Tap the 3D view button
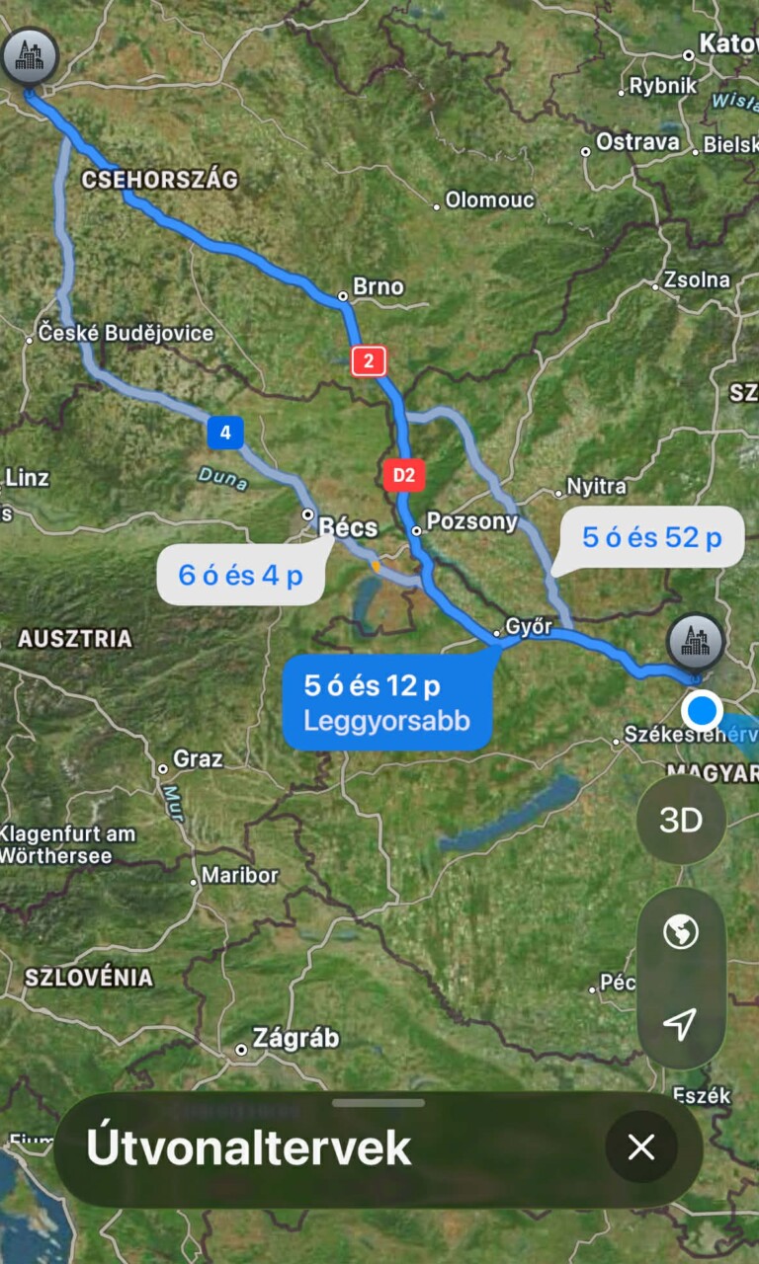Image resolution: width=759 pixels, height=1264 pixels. coord(681,821)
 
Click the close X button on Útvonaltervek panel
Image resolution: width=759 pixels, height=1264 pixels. coord(641,1146)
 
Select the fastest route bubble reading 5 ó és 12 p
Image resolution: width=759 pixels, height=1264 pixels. coord(386,700)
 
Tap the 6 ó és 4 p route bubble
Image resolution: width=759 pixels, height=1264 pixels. coord(240,575)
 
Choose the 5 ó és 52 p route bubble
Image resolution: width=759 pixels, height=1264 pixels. coord(651,538)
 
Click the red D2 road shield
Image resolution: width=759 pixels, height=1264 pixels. coord(403,475)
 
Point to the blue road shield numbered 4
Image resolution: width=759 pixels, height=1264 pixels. coord(225,432)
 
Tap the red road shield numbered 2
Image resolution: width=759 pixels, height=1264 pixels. coord(369,360)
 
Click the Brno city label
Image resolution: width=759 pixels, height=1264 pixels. coord(378,286)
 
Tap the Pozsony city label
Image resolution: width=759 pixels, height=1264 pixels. coord(471,521)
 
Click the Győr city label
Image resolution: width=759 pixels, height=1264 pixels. coord(528,626)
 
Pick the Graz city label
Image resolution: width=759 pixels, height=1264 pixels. coord(197,759)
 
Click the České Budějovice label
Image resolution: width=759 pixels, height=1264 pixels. coord(126,333)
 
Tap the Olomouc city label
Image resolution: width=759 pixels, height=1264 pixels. coord(489,199)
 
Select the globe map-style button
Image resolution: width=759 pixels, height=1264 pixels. coord(681,931)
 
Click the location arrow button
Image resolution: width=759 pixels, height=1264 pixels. coord(680,1024)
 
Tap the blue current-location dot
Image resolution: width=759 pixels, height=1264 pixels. coord(703,710)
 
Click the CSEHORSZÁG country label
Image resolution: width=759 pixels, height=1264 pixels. coord(160,180)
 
